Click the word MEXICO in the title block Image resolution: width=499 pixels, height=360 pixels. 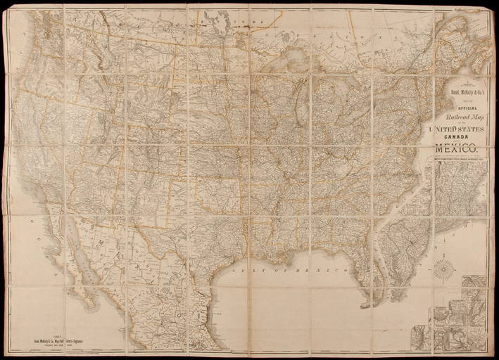pos(455,148)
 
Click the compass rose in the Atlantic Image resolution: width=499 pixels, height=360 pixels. pos(443,266)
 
